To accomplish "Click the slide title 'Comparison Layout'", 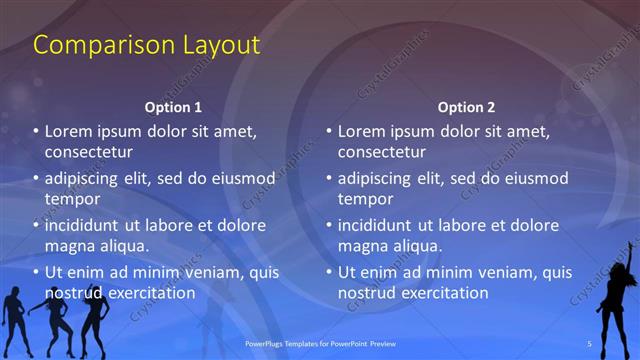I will [x=147, y=45].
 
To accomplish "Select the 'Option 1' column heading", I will [x=173, y=107].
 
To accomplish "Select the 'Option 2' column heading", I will [x=466, y=107].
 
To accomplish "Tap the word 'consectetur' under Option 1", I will [x=89, y=152].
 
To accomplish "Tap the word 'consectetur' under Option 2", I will [x=382, y=152].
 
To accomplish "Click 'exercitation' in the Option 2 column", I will [x=442, y=293].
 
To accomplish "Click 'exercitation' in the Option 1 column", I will [x=149, y=293].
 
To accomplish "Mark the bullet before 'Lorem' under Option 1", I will [x=36, y=131].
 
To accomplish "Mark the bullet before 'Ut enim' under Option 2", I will [x=329, y=272].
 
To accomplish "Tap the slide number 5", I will [x=589, y=344].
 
